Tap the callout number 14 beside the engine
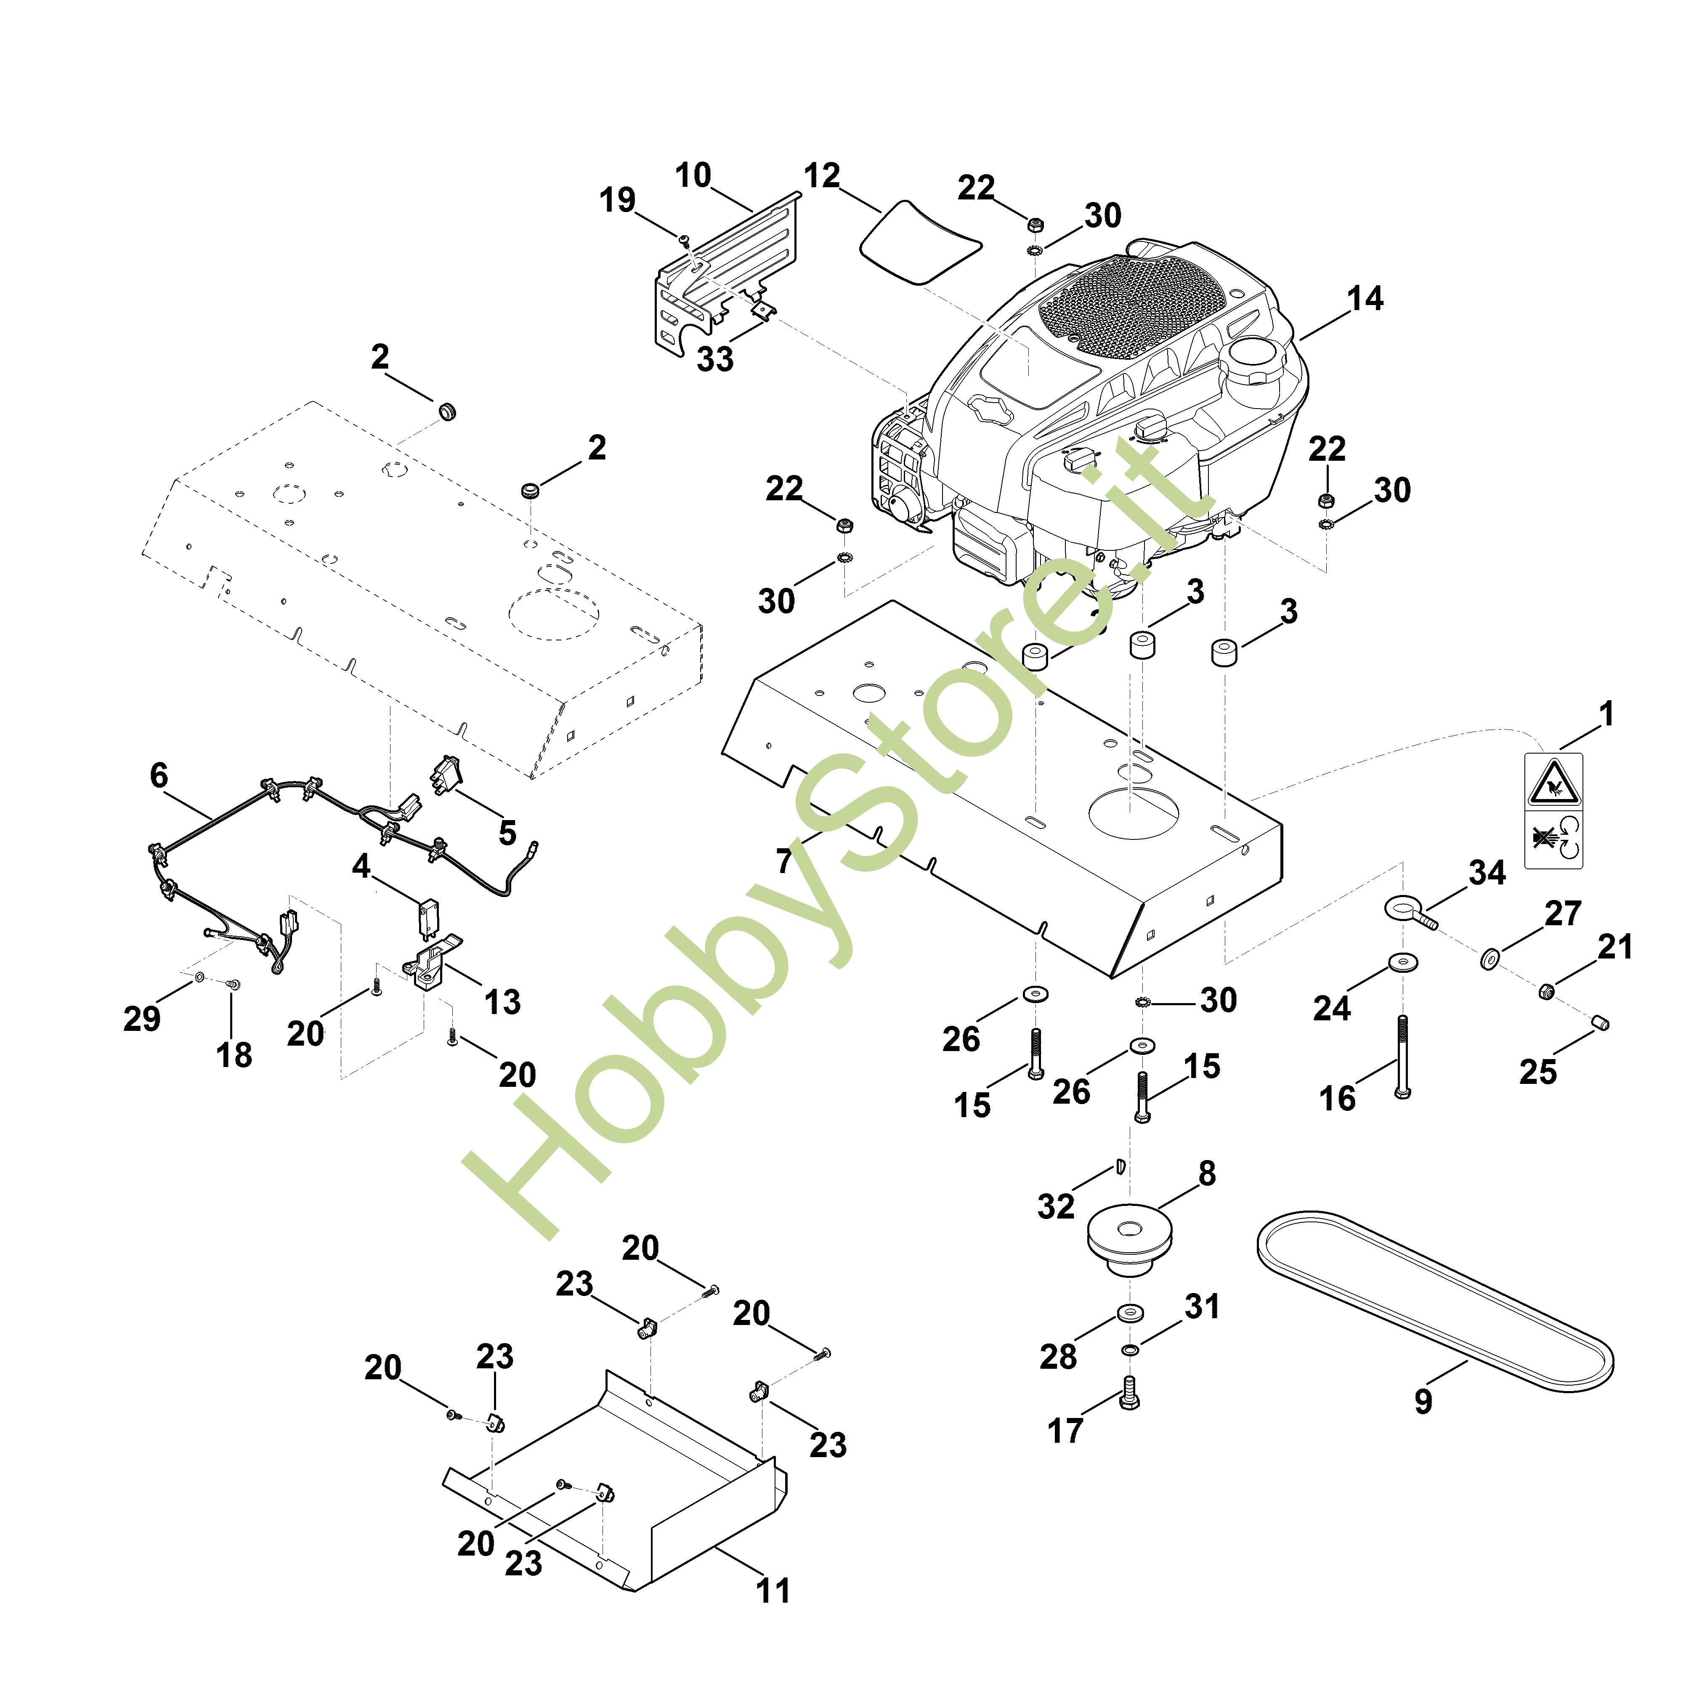tap(1364, 299)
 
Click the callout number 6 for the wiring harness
tap(159, 775)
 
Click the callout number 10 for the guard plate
tap(693, 175)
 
